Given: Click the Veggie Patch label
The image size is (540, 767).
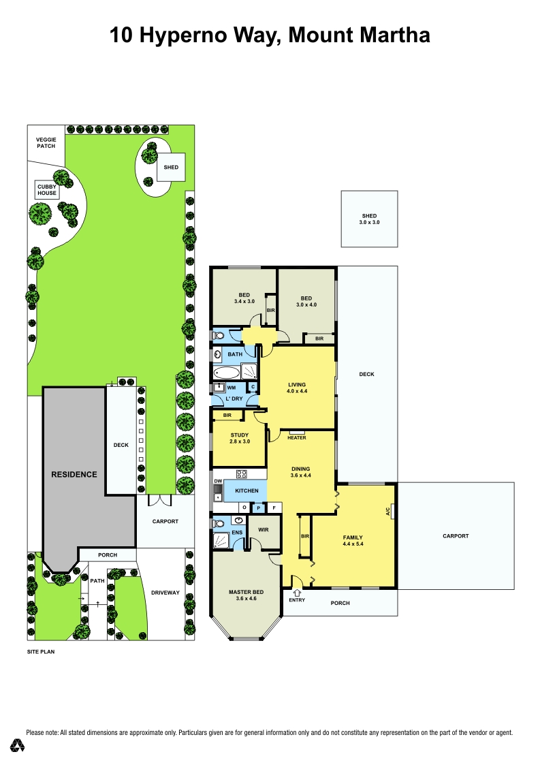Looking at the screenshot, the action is pos(46,143).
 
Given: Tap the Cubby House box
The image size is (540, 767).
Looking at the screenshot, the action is pos(47,190).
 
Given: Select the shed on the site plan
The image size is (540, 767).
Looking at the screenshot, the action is pos(171,168).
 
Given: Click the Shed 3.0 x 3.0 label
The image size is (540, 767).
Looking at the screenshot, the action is pos(369,219).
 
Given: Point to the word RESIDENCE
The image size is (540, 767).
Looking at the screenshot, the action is pos(74,475).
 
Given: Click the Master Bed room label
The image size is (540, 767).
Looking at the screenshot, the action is pos(246,595).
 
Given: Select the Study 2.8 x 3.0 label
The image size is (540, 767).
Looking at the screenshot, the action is pos(240,438).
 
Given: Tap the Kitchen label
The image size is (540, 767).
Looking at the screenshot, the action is pos(247,490).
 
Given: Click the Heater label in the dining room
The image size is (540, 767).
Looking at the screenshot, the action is pos(297,438).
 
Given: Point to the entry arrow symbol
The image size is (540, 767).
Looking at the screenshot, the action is pos(297,593).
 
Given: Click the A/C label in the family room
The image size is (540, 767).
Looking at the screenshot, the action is pos(388,511).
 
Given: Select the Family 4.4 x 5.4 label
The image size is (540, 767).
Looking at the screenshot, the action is pos(353,541).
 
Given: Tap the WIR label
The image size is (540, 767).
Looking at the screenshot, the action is pos(263,530).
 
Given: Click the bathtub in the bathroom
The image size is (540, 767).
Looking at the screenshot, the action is pos(227,373).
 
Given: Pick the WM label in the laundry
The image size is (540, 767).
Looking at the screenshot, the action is pos(232,388).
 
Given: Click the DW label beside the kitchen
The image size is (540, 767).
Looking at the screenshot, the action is pos(218,482).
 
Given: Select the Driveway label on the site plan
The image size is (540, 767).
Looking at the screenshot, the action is pos(165,593).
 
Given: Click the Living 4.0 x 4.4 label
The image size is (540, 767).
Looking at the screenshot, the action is pos(297,388).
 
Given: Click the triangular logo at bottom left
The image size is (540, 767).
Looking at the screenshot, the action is pos(17,745).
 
